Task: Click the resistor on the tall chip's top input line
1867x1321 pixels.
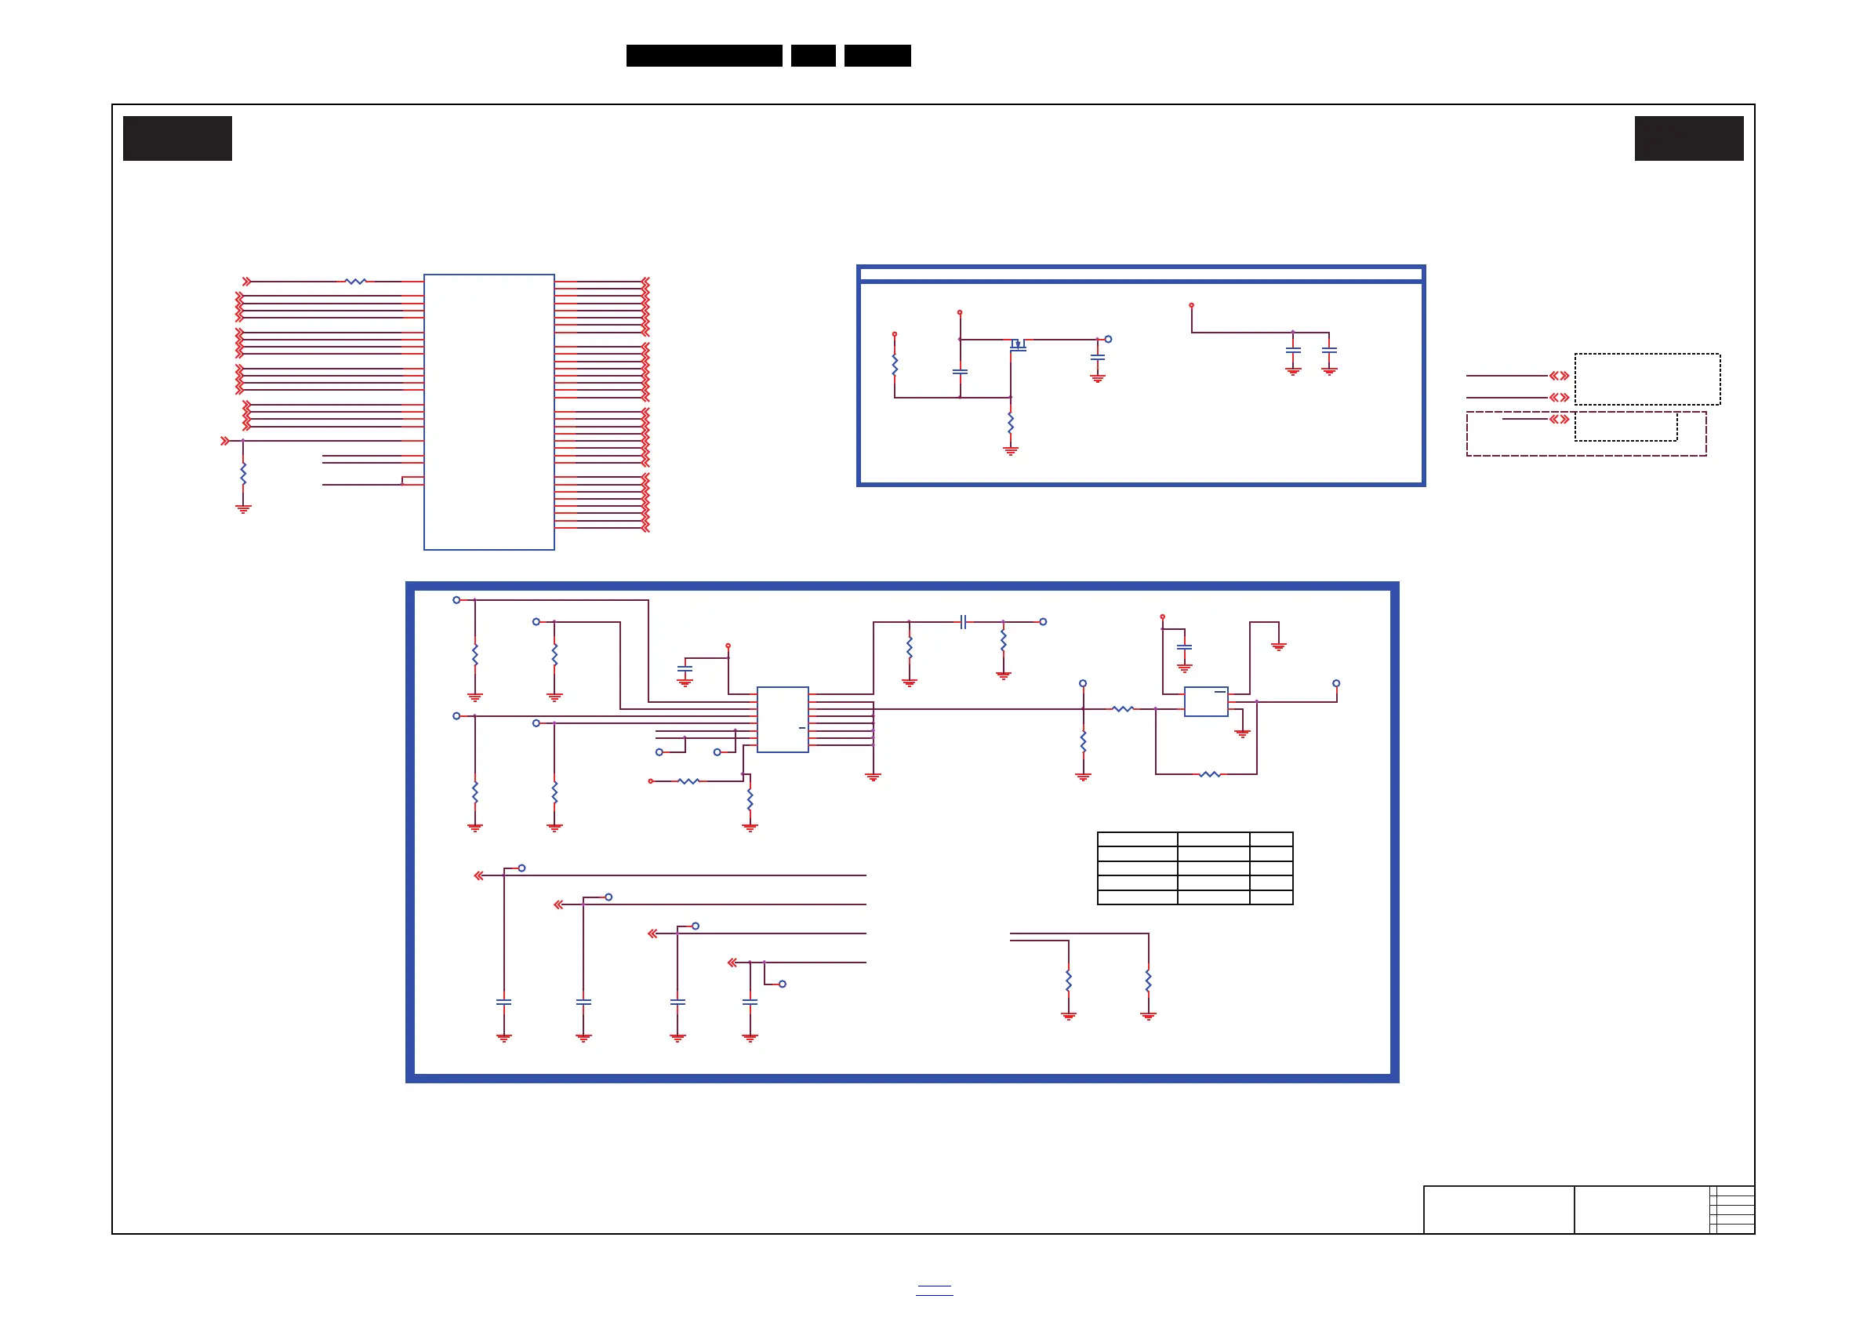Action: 355,282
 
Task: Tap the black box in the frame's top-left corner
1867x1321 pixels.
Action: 177,138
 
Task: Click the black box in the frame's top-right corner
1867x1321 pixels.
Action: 1688,138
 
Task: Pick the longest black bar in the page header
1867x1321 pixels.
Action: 703,56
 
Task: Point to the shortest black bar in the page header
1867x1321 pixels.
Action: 812,56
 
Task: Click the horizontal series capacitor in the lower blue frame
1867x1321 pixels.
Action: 963,622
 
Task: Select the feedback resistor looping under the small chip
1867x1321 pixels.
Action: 1209,774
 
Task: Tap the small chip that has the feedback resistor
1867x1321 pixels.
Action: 1205,701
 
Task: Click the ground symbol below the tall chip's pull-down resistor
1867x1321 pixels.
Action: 243,509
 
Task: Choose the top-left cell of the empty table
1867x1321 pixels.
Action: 1137,839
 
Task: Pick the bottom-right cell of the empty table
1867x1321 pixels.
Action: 1270,897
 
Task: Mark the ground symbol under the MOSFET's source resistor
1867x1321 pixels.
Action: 1010,450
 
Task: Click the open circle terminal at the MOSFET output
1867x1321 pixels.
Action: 1107,339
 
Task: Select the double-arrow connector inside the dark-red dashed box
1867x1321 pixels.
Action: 1558,419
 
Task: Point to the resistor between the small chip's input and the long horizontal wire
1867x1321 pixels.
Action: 1123,709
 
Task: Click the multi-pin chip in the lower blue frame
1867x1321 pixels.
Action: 783,719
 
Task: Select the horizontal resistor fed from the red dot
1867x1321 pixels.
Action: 688,781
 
